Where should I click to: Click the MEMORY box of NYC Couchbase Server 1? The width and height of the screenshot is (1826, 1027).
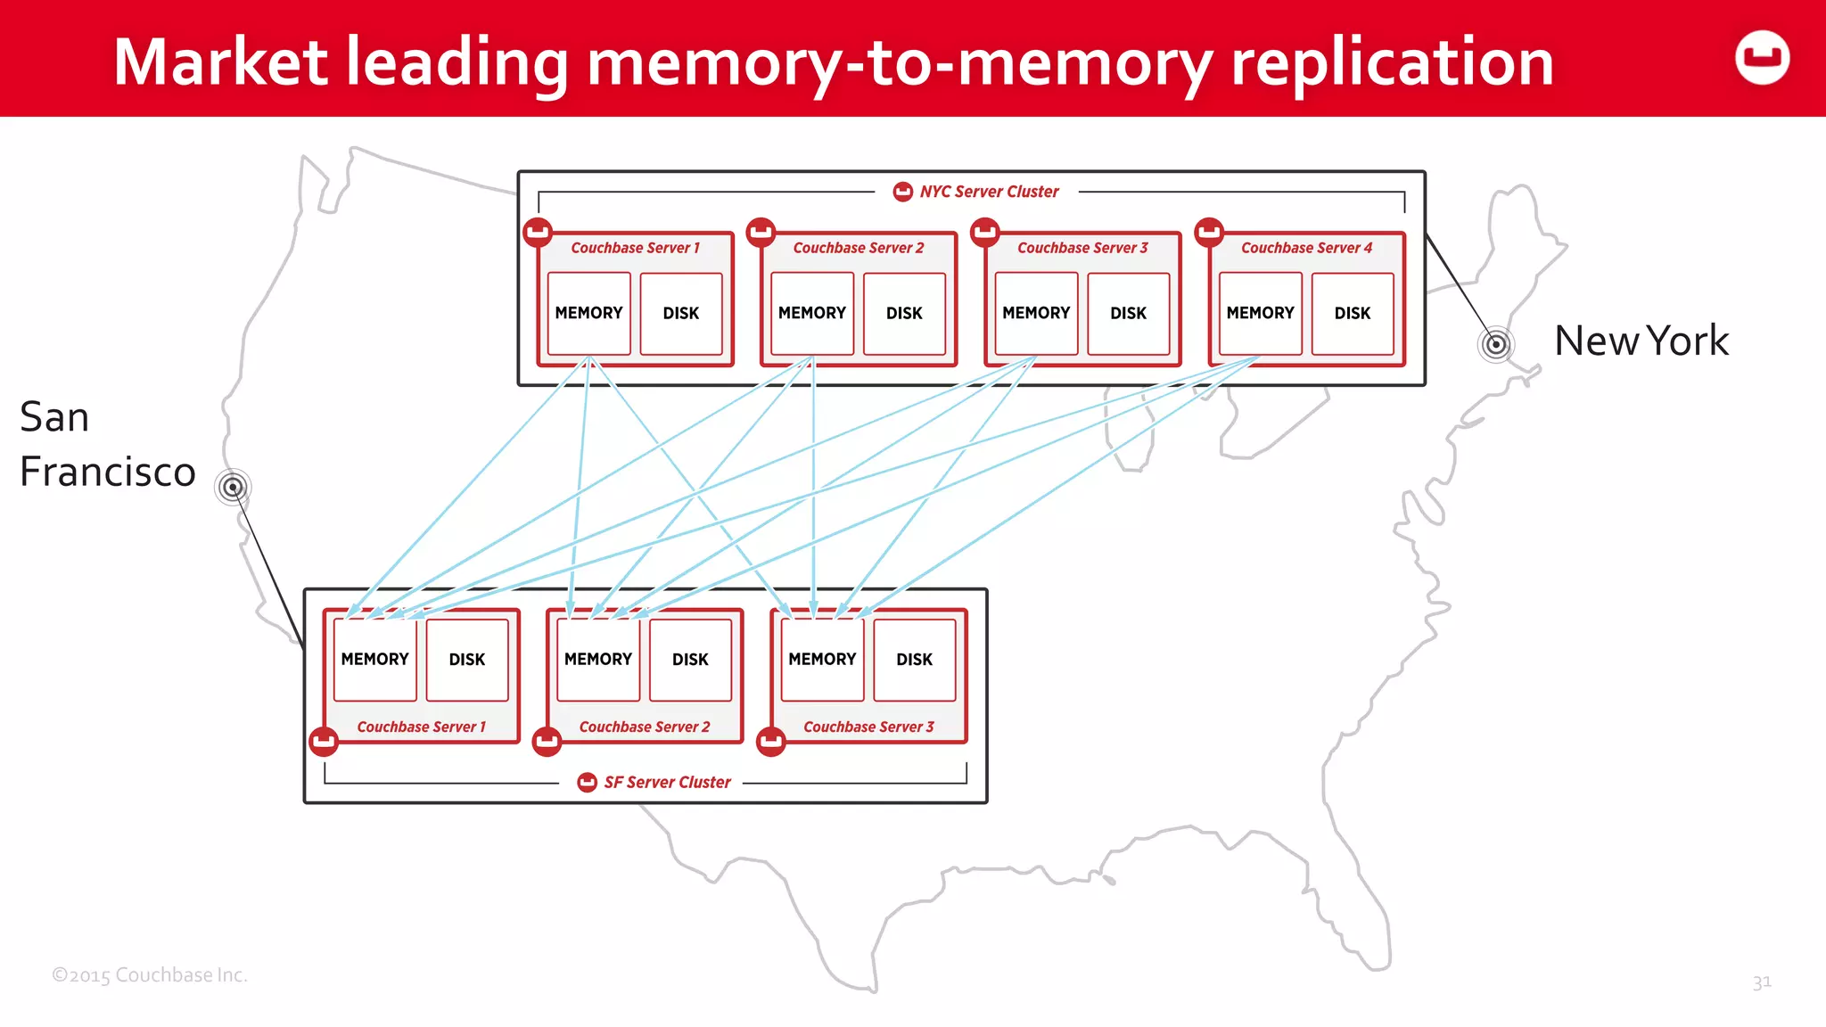coord(588,313)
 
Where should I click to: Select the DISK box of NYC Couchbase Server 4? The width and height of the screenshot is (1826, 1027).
coord(1352,313)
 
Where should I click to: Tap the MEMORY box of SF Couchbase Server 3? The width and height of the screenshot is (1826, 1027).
coord(821,659)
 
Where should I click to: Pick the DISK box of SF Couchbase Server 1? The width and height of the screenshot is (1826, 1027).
coord(466,659)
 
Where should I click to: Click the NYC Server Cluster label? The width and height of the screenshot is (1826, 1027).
coord(988,192)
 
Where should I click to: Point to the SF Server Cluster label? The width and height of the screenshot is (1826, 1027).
coord(666,782)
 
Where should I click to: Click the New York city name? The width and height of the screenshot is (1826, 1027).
coord(1641,341)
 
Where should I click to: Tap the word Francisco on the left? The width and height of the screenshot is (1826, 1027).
coord(107,472)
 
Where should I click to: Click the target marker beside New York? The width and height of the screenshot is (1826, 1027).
coord(1496,344)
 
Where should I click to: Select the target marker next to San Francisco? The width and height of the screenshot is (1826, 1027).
coord(233,487)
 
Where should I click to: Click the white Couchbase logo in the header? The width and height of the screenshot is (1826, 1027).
coord(1762,58)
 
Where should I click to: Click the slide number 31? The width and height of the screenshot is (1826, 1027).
coord(1761,982)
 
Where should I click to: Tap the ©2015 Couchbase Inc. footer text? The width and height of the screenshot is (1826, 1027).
coord(149,974)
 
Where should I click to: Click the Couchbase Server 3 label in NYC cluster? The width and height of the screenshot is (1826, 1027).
coord(1082,248)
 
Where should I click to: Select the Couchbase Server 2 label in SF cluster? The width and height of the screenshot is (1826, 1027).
coord(644,727)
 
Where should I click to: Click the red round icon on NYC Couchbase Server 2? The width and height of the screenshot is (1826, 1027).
coord(761,232)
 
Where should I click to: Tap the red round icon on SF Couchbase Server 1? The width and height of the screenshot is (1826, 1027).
coord(324,741)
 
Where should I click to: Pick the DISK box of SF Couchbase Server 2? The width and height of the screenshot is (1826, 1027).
coord(690,659)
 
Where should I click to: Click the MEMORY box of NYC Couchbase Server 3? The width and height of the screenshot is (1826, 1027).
coord(1035,313)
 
